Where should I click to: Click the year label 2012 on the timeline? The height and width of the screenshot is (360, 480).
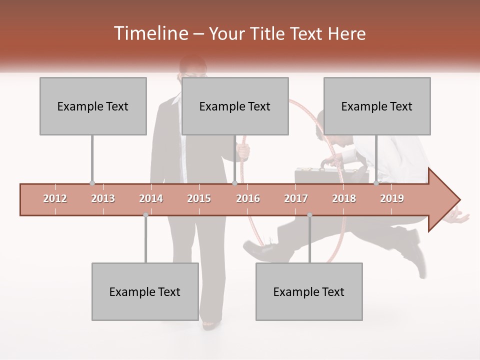click(55, 199)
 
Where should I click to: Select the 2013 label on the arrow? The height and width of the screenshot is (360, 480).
click(103, 199)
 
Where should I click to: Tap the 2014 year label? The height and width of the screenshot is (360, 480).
click(151, 199)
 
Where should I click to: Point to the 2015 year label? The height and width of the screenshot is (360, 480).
click(199, 199)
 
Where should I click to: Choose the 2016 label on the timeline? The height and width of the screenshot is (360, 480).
click(248, 199)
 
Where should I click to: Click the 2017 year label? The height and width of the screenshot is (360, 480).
click(296, 199)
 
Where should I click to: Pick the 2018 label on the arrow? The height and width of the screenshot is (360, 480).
click(344, 199)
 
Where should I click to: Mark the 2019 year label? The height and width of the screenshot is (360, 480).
click(392, 199)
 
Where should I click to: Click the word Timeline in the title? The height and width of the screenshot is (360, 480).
click(149, 33)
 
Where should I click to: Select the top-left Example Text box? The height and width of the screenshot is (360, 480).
click(93, 106)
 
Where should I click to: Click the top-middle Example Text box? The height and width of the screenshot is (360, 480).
click(235, 106)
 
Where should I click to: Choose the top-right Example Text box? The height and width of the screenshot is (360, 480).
click(377, 106)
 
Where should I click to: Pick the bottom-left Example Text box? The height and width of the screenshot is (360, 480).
click(145, 291)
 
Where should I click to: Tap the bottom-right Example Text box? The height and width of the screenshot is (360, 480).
click(309, 291)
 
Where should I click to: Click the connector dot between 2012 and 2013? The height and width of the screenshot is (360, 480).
click(92, 183)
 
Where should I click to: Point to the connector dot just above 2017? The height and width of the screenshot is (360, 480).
click(309, 215)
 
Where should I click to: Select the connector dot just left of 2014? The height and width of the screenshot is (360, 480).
click(145, 215)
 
